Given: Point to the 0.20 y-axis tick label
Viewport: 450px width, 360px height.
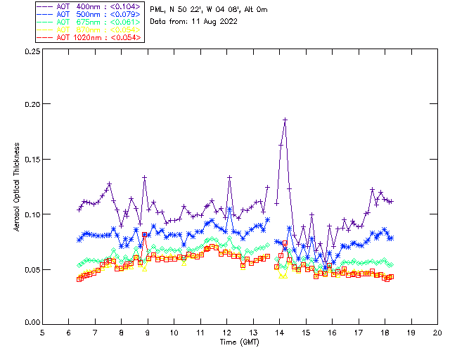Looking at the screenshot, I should point(31,104).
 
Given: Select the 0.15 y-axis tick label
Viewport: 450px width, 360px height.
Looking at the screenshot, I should point(31,159).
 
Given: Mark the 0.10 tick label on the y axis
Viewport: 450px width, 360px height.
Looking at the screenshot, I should point(31,214).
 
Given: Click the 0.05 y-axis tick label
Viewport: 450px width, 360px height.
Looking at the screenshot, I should point(31,269).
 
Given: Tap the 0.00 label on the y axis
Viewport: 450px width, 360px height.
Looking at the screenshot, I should point(31,323).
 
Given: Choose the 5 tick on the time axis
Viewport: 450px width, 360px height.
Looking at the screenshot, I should point(43,332).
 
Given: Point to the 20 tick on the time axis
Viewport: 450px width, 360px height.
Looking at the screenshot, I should point(437,332).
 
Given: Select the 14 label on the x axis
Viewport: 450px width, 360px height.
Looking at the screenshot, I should point(280,332).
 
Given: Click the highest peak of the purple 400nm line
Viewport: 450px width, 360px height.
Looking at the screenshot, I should point(285,120).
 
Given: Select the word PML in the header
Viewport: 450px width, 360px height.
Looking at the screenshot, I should point(158,9).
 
